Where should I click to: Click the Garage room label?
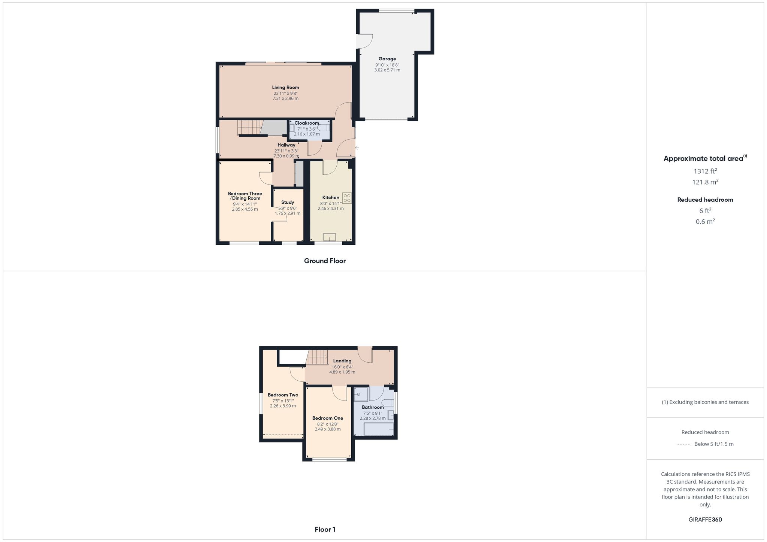[x=387, y=59]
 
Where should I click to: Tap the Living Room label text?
[x=285, y=88]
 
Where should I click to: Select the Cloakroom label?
[x=307, y=123]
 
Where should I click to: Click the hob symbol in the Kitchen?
[x=347, y=198]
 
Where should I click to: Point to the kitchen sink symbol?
[x=330, y=237]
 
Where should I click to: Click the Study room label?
[x=288, y=202]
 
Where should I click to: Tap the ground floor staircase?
[x=249, y=127]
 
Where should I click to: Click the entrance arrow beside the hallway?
[x=357, y=148]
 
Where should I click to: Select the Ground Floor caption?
[x=325, y=261]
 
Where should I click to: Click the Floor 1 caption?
[x=325, y=530]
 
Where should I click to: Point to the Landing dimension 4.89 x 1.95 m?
[x=342, y=372]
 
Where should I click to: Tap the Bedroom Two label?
[x=283, y=395]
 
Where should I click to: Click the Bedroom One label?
[x=328, y=418]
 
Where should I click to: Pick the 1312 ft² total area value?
[x=705, y=171]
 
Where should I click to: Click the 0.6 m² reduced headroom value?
[x=705, y=222]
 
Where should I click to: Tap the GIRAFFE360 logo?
[x=705, y=520]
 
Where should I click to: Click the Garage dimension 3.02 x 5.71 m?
[x=387, y=70]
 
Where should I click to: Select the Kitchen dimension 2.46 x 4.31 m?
[x=331, y=208]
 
